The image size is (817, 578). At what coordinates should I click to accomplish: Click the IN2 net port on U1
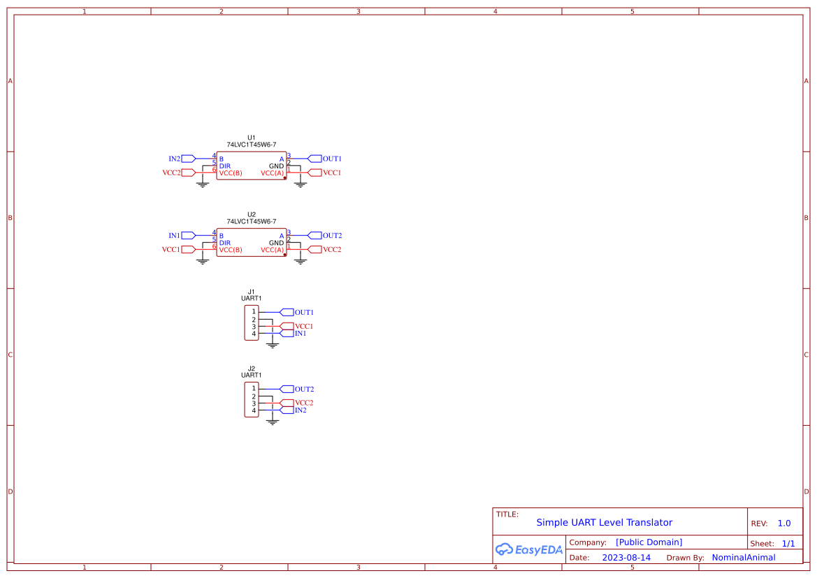click(188, 158)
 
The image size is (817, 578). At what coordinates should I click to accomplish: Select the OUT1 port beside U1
click(314, 158)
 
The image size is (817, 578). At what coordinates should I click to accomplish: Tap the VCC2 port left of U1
click(188, 172)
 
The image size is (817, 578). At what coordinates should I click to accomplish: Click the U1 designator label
click(252, 138)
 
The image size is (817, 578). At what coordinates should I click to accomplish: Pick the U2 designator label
click(252, 214)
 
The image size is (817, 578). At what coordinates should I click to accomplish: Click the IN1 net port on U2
click(188, 235)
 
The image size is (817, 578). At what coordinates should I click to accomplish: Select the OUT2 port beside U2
click(314, 235)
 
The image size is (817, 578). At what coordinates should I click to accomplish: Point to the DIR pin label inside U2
click(225, 243)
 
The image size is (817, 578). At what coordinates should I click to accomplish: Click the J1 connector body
click(251, 323)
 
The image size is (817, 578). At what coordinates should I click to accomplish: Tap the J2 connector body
click(251, 399)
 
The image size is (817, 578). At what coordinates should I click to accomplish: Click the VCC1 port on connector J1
click(287, 326)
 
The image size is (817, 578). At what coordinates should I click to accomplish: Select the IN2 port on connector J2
click(287, 410)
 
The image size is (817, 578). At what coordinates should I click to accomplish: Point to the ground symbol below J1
click(273, 345)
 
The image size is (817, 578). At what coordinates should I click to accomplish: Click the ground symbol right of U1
click(301, 184)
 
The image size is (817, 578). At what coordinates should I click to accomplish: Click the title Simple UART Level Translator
click(604, 522)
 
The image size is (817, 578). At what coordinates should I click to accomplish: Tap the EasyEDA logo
click(529, 549)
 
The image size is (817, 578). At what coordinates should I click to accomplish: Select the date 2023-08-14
click(626, 558)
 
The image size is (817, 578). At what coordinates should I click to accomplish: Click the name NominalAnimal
click(743, 558)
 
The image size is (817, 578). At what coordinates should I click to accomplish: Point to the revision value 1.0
click(784, 523)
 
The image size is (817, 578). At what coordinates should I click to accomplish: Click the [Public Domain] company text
click(649, 542)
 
